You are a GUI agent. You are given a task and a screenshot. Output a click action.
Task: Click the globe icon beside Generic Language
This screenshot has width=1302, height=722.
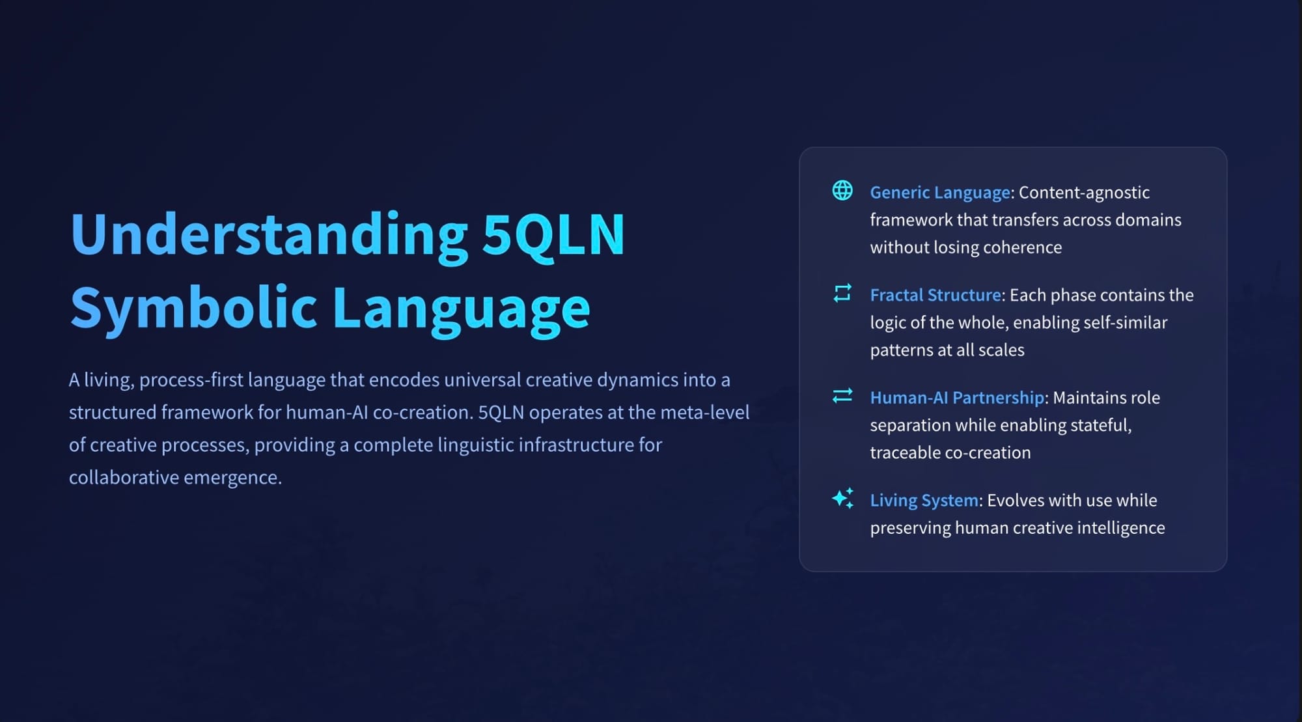pyautogui.click(x=842, y=190)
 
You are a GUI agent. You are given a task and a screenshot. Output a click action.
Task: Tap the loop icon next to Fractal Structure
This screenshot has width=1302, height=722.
pyautogui.click(x=842, y=293)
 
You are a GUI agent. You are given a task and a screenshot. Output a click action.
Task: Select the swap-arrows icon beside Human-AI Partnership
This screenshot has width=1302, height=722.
pyautogui.click(x=842, y=395)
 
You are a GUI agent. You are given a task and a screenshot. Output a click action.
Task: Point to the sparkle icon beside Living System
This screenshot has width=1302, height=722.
pyautogui.click(x=842, y=498)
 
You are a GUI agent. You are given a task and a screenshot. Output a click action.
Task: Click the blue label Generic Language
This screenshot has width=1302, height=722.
pyautogui.click(x=940, y=193)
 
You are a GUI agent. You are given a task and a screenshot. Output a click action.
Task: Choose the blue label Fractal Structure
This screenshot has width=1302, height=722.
pyautogui.click(x=935, y=295)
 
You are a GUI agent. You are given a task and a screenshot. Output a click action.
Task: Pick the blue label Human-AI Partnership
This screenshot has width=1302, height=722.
pyautogui.click(x=957, y=398)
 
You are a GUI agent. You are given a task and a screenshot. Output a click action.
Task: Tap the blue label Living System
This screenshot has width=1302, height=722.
pyautogui.click(x=924, y=501)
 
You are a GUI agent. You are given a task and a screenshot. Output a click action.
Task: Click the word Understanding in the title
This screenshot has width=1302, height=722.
pyautogui.click(x=269, y=235)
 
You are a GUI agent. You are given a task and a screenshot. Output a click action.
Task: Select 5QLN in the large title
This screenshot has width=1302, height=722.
pyautogui.click(x=553, y=235)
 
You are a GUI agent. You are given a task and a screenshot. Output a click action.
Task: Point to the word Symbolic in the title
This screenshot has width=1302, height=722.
pyautogui.click(x=193, y=309)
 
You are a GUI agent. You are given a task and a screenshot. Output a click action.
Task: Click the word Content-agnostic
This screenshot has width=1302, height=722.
pyautogui.click(x=1084, y=193)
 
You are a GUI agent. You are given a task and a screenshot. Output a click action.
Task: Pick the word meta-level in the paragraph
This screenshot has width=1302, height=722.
pyautogui.click(x=705, y=413)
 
